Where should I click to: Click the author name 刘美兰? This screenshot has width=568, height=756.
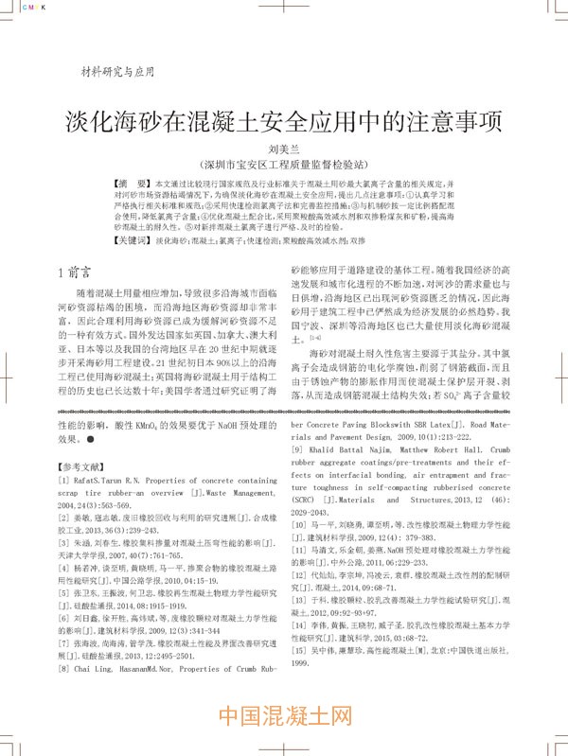(283, 148)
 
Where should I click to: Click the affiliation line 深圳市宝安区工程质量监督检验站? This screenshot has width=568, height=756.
(284, 164)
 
